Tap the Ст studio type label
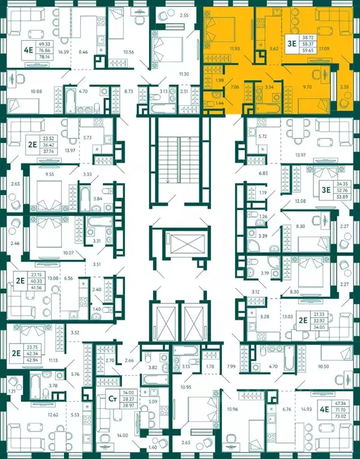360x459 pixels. click(111, 396)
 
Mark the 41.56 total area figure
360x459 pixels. click(37, 288)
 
